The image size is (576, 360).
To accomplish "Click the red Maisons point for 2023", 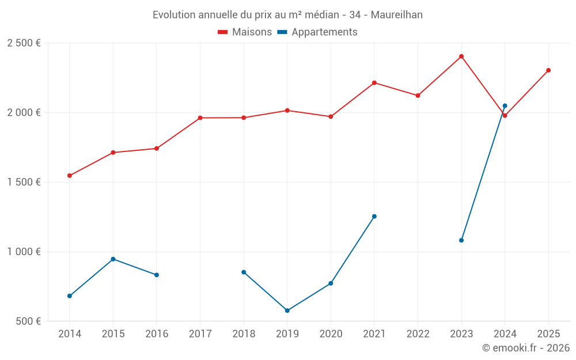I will click(461, 56).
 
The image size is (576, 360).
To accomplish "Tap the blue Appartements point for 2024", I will click(505, 106).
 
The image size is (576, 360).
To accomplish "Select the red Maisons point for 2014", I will click(70, 176).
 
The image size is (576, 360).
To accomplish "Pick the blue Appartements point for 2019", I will click(287, 310).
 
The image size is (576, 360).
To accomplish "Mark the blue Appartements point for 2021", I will click(374, 217).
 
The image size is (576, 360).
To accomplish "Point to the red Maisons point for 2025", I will click(548, 70).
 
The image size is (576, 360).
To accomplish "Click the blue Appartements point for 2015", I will click(113, 259).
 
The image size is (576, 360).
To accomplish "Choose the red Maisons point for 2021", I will click(374, 83).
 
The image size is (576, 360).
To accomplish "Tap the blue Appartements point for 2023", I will click(461, 240).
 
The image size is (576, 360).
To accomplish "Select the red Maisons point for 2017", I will click(200, 118).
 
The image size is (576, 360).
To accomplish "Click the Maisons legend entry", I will click(245, 32).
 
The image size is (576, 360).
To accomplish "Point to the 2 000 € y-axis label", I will click(24, 112).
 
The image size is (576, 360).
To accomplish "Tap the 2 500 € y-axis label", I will click(24, 43).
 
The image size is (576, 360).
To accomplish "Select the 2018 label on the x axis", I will click(244, 334).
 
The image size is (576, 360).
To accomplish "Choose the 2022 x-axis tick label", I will click(418, 334).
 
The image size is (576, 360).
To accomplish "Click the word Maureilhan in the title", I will click(397, 15).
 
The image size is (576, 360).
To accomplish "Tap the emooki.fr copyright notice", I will click(525, 348).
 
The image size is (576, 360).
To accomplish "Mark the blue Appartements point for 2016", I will click(157, 275).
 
